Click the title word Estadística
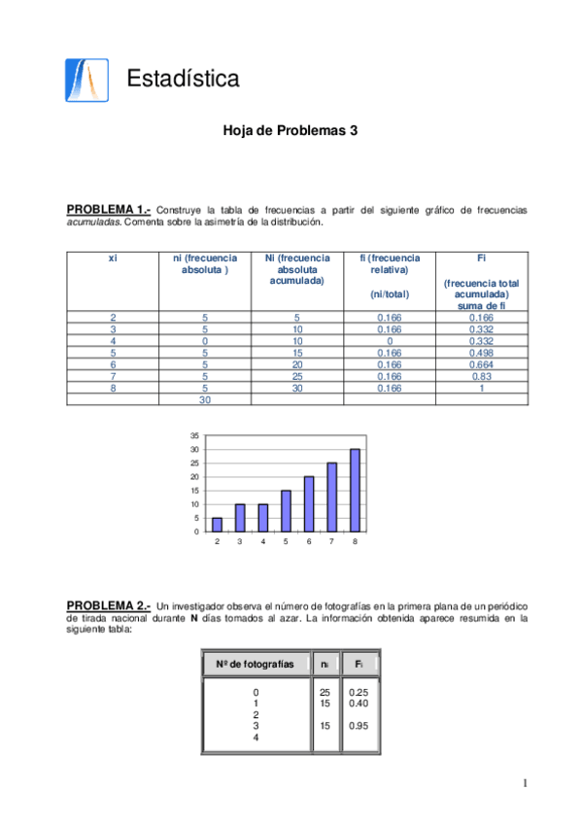coord(183,78)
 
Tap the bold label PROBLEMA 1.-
coord(108,210)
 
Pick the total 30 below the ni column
coord(204,399)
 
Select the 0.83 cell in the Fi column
coord(482,376)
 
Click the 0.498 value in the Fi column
coord(482,353)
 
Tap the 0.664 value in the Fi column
coord(482,364)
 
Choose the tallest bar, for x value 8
coord(355,490)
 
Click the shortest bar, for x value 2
coord(217,524)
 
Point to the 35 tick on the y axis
coord(194,436)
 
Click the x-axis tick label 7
coord(331,541)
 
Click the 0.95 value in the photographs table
coord(359,725)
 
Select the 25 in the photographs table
coord(325,692)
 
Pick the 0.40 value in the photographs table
coord(359,703)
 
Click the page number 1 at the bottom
coord(524,783)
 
